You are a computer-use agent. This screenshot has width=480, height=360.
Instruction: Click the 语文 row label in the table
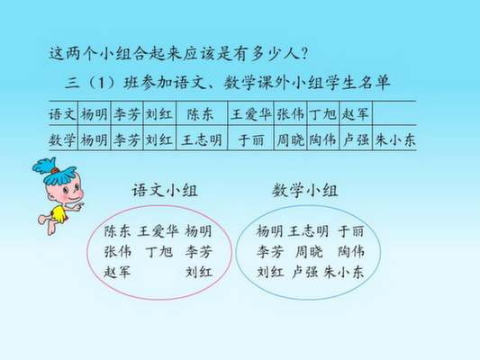(x=62, y=114)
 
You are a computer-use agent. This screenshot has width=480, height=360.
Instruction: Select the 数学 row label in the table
(x=62, y=140)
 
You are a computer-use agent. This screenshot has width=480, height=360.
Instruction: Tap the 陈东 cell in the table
(x=200, y=114)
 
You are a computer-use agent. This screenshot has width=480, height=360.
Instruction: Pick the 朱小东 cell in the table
(x=395, y=140)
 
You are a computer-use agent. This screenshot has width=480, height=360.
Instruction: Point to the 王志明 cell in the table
(x=202, y=140)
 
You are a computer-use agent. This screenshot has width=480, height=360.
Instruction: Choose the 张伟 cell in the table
(x=290, y=114)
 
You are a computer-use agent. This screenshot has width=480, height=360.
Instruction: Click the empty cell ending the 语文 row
(x=394, y=113)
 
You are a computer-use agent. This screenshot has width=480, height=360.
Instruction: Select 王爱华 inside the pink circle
(x=158, y=231)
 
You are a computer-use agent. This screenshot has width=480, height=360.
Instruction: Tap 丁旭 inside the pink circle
(x=159, y=252)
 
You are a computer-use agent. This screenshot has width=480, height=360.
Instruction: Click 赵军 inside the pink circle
(x=117, y=272)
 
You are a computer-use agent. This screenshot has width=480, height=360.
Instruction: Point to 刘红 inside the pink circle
(x=199, y=272)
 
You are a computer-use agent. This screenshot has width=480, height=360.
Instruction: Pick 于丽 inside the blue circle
(x=351, y=231)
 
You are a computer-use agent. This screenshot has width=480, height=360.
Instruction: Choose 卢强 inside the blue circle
(x=305, y=272)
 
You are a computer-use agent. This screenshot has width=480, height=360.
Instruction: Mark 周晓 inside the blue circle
(x=309, y=252)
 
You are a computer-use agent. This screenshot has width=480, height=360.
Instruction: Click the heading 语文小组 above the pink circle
(x=165, y=190)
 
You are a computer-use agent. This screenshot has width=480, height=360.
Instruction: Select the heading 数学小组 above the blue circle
(x=305, y=190)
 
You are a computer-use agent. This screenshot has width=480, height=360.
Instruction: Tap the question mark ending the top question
(x=304, y=54)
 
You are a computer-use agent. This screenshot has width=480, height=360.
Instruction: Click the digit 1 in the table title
(x=101, y=83)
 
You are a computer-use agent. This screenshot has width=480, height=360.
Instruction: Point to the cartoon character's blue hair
(x=54, y=172)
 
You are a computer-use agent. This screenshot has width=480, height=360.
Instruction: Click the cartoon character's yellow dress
(x=59, y=214)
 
